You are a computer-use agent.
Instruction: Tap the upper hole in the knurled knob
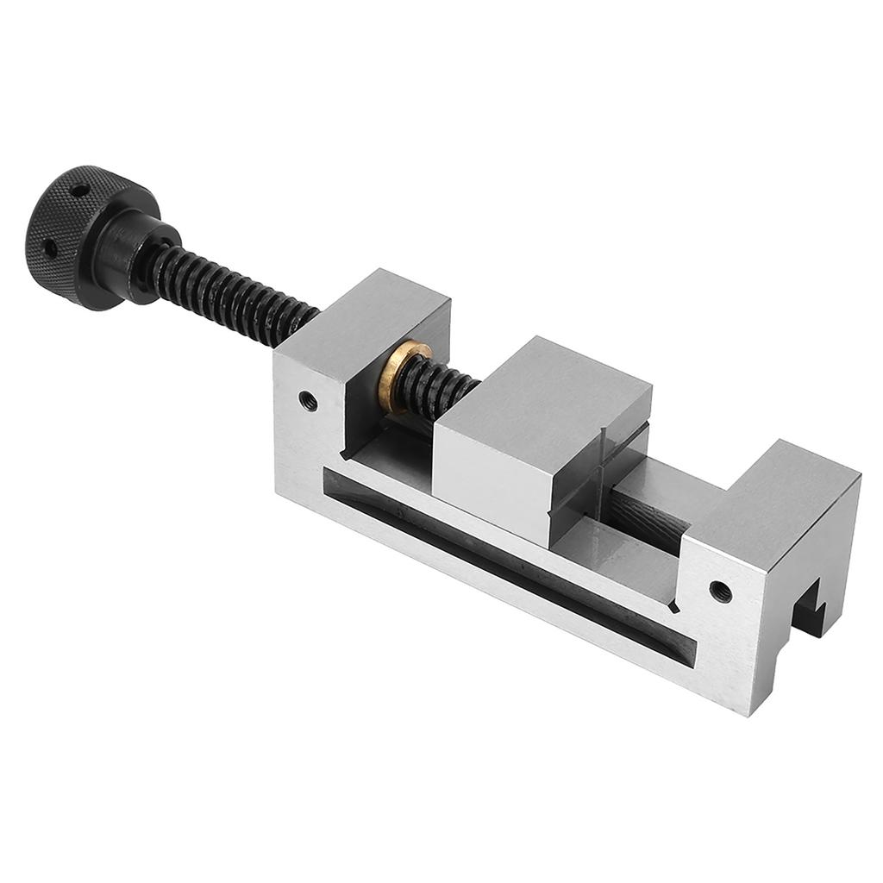click(x=78, y=190)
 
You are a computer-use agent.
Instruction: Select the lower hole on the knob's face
click(x=51, y=248)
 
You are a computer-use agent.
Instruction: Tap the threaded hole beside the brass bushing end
click(x=308, y=401)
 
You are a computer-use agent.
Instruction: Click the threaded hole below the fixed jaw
click(x=720, y=592)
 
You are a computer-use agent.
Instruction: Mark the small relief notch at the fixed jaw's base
click(x=673, y=607)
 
